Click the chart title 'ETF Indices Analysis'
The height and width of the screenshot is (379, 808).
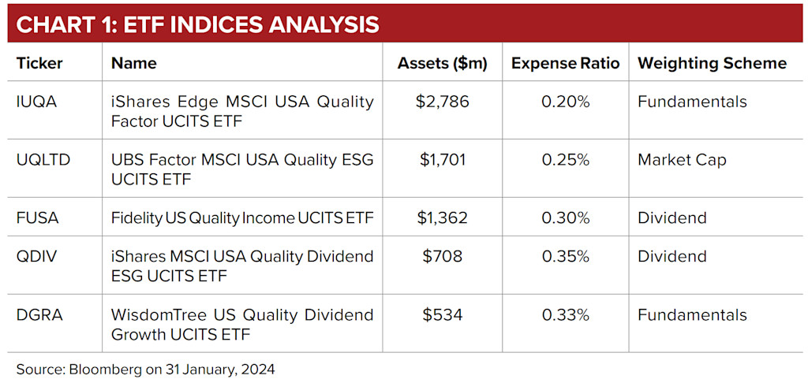click(197, 24)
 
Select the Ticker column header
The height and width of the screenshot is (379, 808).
click(39, 63)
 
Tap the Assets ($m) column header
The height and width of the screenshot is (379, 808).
click(443, 63)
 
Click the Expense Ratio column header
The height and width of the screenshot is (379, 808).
click(565, 63)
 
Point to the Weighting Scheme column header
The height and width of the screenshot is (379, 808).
click(712, 63)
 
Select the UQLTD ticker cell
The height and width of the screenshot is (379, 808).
click(43, 160)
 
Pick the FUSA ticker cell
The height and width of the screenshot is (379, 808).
click(38, 218)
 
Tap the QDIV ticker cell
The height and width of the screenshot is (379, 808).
click(36, 256)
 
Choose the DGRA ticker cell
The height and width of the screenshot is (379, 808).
click(39, 314)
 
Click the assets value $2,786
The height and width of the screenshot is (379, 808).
click(443, 102)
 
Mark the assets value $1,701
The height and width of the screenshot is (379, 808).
click(443, 160)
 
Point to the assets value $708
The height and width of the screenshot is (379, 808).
click(443, 256)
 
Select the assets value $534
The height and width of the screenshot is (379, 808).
click(443, 314)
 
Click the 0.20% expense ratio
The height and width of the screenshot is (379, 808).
click(565, 102)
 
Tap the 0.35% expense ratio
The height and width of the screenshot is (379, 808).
click(565, 256)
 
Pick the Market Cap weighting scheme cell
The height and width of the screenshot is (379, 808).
click(682, 160)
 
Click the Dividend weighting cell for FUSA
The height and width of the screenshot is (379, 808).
click(671, 218)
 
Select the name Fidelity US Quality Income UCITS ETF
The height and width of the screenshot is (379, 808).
click(242, 218)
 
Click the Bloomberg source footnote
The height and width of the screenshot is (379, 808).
click(146, 368)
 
